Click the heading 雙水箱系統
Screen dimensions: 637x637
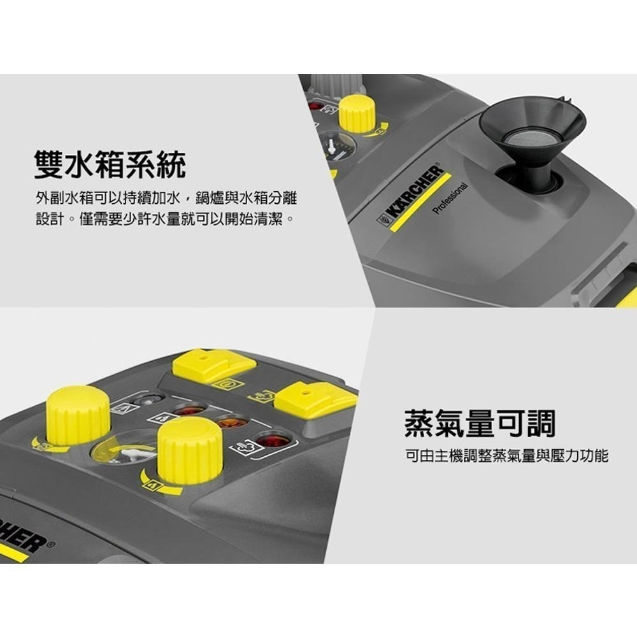pyautogui.click(x=110, y=165)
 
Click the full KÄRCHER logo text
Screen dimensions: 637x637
pyautogui.click(x=411, y=195)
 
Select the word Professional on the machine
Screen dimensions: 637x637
pyautogui.click(x=451, y=197)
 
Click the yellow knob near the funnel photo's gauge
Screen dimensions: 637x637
pyautogui.click(x=357, y=113)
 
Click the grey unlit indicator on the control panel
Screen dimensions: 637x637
pyautogui.click(x=148, y=399)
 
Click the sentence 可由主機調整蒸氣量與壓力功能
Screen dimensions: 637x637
pyautogui.click(x=506, y=456)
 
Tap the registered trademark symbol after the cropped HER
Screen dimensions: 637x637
pyautogui.click(x=53, y=545)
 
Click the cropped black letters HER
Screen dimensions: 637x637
pyautogui.click(x=22, y=538)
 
